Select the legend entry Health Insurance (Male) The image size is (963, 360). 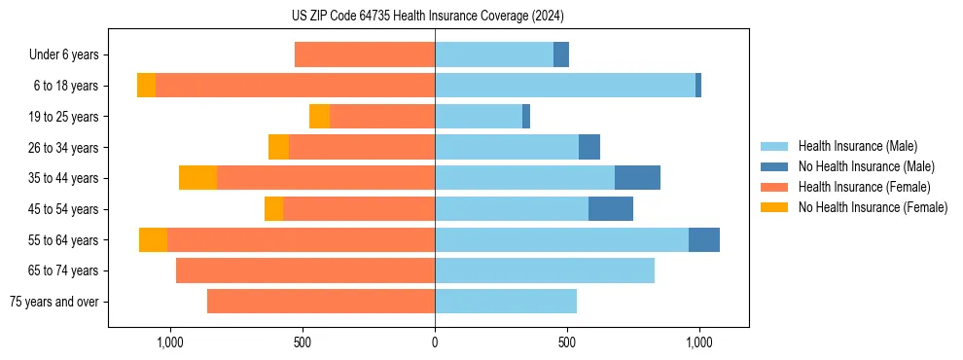857,146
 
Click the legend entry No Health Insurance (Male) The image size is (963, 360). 866,166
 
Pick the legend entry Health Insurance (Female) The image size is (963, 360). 864,187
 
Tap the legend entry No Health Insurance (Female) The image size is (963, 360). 873,207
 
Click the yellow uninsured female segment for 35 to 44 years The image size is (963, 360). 197,178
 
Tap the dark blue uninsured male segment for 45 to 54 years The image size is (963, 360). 611,209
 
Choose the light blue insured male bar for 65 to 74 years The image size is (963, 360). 545,270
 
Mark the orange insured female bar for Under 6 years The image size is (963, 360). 365,55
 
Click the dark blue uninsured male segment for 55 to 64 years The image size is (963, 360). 704,240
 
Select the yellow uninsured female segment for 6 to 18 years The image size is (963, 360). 146,86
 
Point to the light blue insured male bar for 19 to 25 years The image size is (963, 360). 479,117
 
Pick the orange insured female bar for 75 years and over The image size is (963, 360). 321,302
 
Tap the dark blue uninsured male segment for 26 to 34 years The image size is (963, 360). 589,148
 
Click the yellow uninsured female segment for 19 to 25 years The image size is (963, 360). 319,117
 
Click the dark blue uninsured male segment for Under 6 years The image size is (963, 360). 561,55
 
